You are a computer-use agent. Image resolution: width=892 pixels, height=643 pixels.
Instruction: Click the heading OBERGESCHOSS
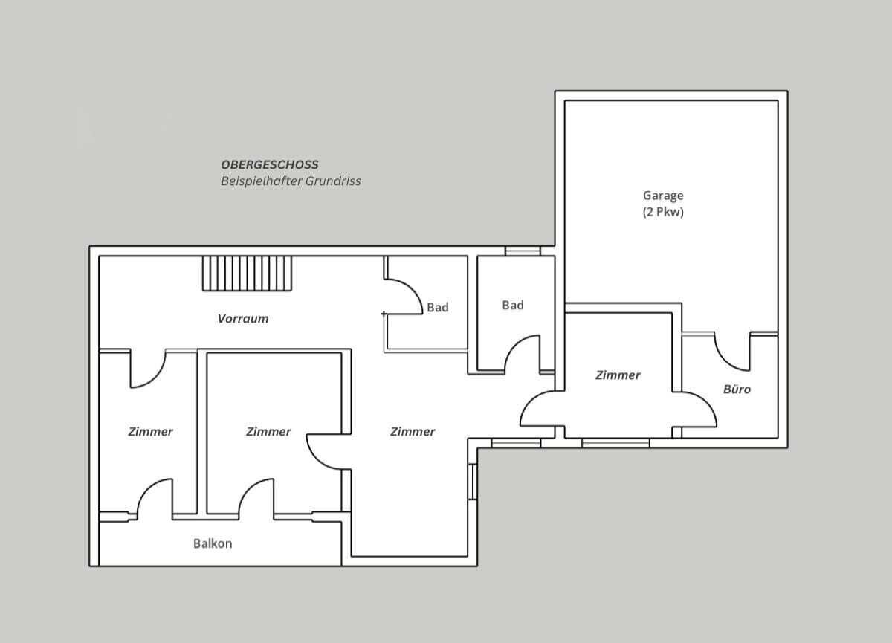[270, 164]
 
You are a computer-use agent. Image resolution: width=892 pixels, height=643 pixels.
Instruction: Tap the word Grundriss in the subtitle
[333, 181]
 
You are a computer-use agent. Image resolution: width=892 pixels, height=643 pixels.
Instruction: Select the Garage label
[663, 196]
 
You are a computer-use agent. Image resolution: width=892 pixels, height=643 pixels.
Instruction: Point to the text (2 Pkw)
[663, 212]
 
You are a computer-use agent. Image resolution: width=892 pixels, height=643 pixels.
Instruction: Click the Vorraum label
[243, 318]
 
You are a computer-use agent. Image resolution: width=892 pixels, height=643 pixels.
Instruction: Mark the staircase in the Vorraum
[247, 273]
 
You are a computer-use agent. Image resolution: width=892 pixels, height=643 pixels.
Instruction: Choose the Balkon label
[213, 543]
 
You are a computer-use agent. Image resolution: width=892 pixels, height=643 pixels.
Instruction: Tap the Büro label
[737, 389]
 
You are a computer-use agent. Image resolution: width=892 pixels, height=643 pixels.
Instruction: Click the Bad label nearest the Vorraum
[438, 307]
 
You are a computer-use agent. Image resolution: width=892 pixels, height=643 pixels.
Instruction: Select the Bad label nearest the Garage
[513, 305]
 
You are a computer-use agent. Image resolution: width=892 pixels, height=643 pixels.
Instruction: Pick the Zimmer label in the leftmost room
[150, 432]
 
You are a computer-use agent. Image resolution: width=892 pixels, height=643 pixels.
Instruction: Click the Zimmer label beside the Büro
[618, 375]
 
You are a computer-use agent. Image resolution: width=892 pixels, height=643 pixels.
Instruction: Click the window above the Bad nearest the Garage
[523, 251]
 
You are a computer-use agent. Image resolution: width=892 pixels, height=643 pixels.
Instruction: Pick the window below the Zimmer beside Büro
[615, 443]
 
